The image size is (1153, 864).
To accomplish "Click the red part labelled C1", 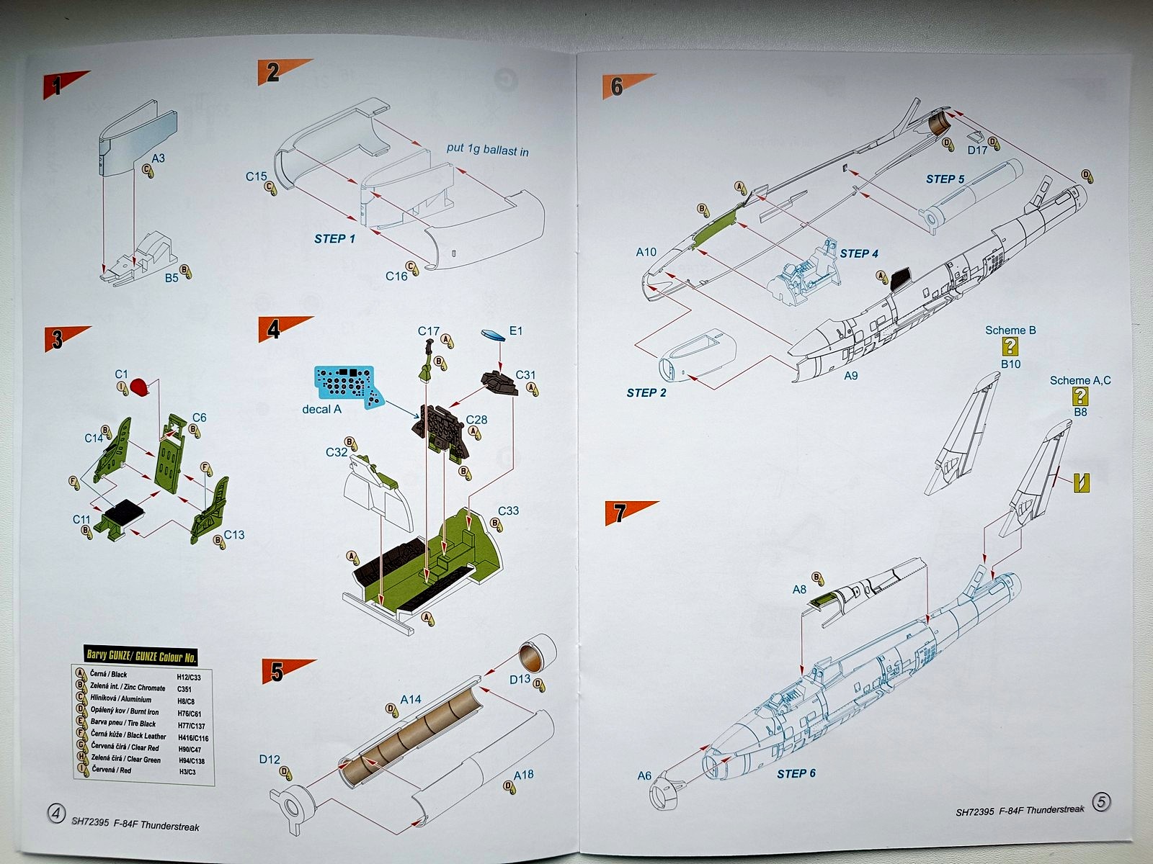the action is point(140,388).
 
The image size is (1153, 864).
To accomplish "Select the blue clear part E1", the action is point(493,336).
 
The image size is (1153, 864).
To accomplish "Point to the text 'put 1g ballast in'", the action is point(487,150).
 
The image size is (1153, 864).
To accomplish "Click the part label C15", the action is point(256,176).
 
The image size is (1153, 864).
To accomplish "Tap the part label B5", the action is point(172,277).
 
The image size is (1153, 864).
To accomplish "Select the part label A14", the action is point(410,699).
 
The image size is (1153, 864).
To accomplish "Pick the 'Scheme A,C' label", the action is point(1079,380).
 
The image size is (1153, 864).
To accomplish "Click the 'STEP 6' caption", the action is point(796,773).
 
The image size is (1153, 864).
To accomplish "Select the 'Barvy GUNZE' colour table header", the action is point(141,656).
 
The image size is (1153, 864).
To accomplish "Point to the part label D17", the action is point(977,150).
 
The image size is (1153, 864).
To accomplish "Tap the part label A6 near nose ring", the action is point(644,775).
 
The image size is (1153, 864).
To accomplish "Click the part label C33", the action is point(508,510).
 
